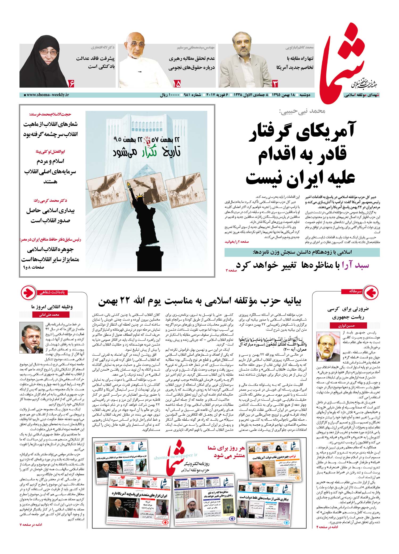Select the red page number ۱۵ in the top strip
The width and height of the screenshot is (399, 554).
tap(177, 84)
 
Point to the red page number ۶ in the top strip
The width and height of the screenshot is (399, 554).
tap(72, 84)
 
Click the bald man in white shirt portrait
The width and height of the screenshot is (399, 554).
tap(140, 60)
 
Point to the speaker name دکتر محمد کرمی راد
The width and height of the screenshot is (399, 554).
tap(50, 200)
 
